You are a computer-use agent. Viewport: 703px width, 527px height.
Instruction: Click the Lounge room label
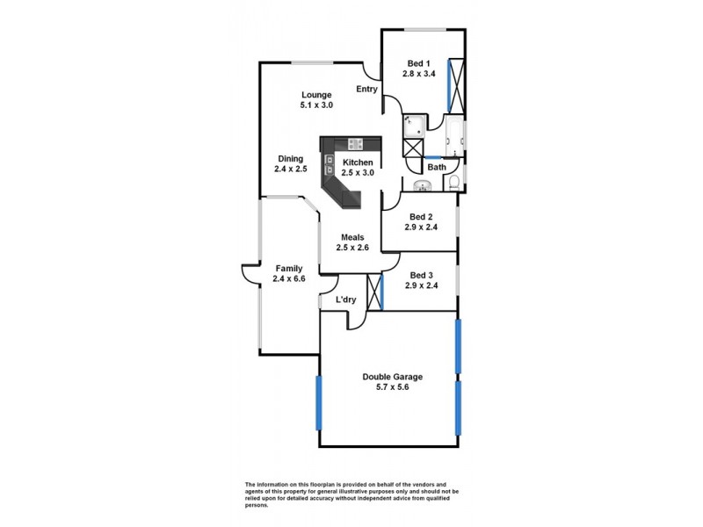316,94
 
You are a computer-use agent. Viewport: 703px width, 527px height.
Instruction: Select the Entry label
366,89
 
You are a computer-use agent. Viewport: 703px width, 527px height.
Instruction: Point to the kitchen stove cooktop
356,144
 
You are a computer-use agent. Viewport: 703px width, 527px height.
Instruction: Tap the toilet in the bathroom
453,183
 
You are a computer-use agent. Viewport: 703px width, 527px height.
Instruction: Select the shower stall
414,126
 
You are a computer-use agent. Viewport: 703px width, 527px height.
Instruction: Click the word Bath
437,167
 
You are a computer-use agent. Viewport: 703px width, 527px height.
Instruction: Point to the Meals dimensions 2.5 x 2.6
351,248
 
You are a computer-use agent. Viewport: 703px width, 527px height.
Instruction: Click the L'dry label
346,300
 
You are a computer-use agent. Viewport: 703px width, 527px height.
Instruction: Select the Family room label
289,268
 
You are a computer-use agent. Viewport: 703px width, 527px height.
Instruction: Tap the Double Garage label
387,377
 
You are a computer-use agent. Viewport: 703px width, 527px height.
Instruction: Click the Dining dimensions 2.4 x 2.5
290,170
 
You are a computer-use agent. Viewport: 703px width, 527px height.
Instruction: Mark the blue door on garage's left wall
319,403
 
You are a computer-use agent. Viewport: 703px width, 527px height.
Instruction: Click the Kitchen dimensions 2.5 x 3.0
359,173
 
